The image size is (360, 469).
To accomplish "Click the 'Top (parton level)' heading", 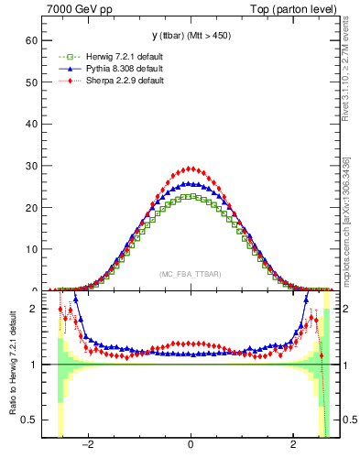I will tap(295, 9).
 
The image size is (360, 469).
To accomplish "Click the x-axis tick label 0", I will tap(191, 446).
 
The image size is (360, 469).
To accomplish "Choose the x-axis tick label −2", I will tap(88, 446).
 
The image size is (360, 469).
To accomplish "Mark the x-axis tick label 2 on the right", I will tap(293, 446).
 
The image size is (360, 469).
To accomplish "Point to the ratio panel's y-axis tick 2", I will tap(33, 309).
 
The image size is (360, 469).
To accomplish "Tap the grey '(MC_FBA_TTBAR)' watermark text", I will tap(191, 274).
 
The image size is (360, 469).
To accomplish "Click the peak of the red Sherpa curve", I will tap(191, 169).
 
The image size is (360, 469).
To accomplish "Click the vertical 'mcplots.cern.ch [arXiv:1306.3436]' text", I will tap(345, 217).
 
